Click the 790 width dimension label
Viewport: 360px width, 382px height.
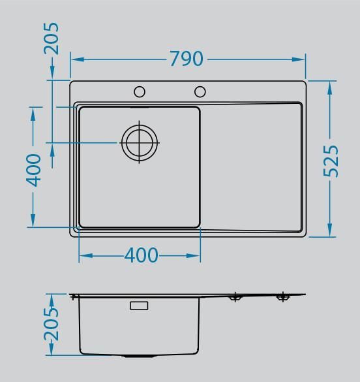click(x=187, y=59)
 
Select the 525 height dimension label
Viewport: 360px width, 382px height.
click(x=331, y=161)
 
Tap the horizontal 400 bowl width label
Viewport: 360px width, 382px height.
click(x=141, y=255)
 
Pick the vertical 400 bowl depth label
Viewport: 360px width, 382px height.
click(x=33, y=170)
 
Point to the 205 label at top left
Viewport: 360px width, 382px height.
click(x=51, y=39)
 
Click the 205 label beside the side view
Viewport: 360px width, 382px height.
click(x=51, y=324)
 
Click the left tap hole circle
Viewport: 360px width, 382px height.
click(x=140, y=91)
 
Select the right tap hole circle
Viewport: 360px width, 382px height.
click(x=200, y=91)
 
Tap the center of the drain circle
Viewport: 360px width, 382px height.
click(x=140, y=143)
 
